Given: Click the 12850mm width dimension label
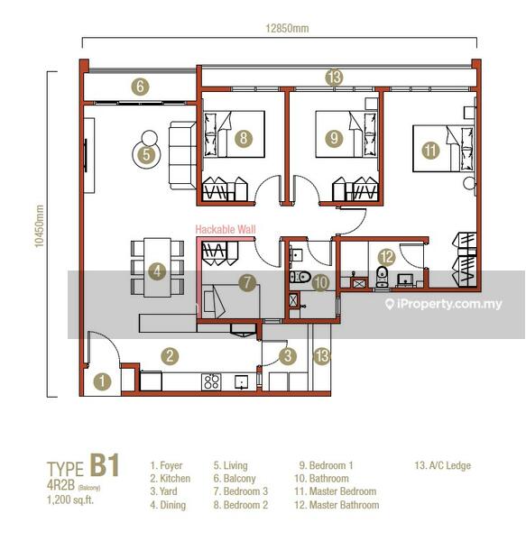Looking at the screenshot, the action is (x=287, y=28).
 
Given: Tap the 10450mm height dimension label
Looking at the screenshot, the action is (x=40, y=226).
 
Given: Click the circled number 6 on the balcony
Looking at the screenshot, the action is (x=140, y=87).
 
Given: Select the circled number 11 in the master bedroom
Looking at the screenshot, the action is (x=430, y=151).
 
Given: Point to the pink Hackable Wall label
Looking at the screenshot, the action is (x=226, y=229).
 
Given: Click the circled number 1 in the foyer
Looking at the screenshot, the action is (x=102, y=381).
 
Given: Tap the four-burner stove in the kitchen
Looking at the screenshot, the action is (x=211, y=381).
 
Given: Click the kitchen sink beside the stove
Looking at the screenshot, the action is (x=241, y=382).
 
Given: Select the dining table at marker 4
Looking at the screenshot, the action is (x=157, y=268).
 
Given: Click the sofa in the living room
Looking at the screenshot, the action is (x=182, y=155).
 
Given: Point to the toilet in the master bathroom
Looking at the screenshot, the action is (x=382, y=277).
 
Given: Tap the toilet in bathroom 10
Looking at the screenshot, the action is (x=300, y=277).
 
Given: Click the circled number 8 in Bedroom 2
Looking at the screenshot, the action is (x=244, y=138).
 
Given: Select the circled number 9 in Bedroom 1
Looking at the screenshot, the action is (x=334, y=138).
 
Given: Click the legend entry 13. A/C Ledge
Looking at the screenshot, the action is (x=443, y=465).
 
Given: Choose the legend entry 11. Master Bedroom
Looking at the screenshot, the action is (x=336, y=491).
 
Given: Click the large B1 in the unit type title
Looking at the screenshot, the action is (x=105, y=465).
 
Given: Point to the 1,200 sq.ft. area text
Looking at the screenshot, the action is (x=70, y=500).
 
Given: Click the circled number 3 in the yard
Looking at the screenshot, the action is (x=288, y=356).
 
